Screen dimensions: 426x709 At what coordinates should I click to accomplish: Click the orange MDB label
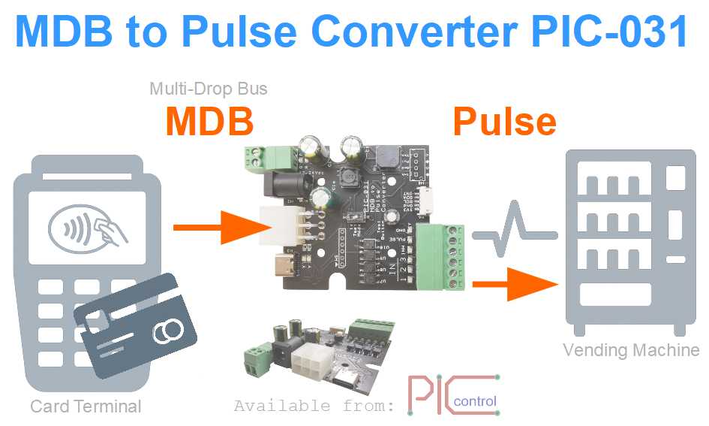click(209, 121)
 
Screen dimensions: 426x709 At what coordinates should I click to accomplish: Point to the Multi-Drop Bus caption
click(209, 89)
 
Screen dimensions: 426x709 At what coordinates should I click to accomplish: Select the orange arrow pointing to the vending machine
click(518, 284)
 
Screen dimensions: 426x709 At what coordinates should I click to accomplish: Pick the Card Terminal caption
click(86, 406)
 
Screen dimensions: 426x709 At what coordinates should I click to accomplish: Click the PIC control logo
click(453, 394)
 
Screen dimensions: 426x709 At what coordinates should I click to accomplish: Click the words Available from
click(314, 406)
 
